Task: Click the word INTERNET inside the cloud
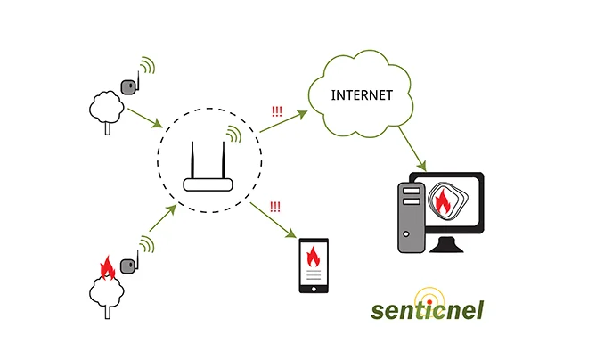(x=362, y=95)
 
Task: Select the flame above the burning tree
(x=107, y=267)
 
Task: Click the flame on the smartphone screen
(x=314, y=257)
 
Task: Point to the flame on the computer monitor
(x=443, y=201)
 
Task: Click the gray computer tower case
(x=411, y=217)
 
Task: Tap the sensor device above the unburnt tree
(x=128, y=86)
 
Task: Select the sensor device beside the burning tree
(x=128, y=266)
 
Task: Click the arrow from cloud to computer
(x=412, y=149)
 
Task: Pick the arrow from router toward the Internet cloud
(x=283, y=121)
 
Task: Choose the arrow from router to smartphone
(x=274, y=220)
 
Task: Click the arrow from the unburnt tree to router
(x=145, y=119)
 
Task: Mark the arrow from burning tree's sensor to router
(x=163, y=217)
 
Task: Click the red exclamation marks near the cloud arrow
(x=277, y=111)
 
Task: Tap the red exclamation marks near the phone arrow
(x=274, y=207)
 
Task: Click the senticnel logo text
(x=428, y=310)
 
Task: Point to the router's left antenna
(x=192, y=160)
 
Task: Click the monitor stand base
(x=446, y=245)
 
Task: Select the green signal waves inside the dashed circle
(x=233, y=135)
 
